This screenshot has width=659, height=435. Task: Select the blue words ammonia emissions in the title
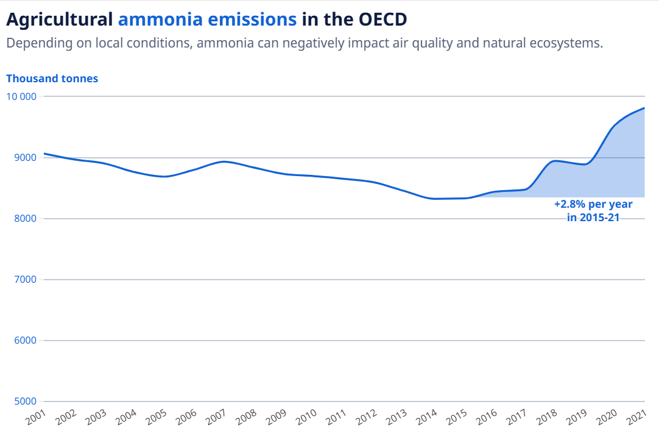pyautogui.click(x=207, y=19)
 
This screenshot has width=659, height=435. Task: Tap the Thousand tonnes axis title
pyautogui.click(x=52, y=79)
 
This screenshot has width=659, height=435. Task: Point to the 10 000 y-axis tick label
pyautogui.click(x=21, y=96)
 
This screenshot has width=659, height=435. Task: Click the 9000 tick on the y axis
pyautogui.click(x=24, y=158)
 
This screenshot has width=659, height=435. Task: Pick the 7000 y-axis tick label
pyautogui.click(x=24, y=280)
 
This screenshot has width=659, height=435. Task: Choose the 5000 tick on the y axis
pyautogui.click(x=24, y=401)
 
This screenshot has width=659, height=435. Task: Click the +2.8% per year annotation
pyautogui.click(x=593, y=205)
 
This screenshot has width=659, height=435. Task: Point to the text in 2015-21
pyautogui.click(x=593, y=217)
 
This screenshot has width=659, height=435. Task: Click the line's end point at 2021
pyautogui.click(x=644, y=108)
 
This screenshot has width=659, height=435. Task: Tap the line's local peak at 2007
pyautogui.click(x=224, y=161)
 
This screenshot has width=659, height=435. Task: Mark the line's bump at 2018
pyautogui.click(x=555, y=161)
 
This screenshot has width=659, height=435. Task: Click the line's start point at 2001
pyautogui.click(x=44, y=154)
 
